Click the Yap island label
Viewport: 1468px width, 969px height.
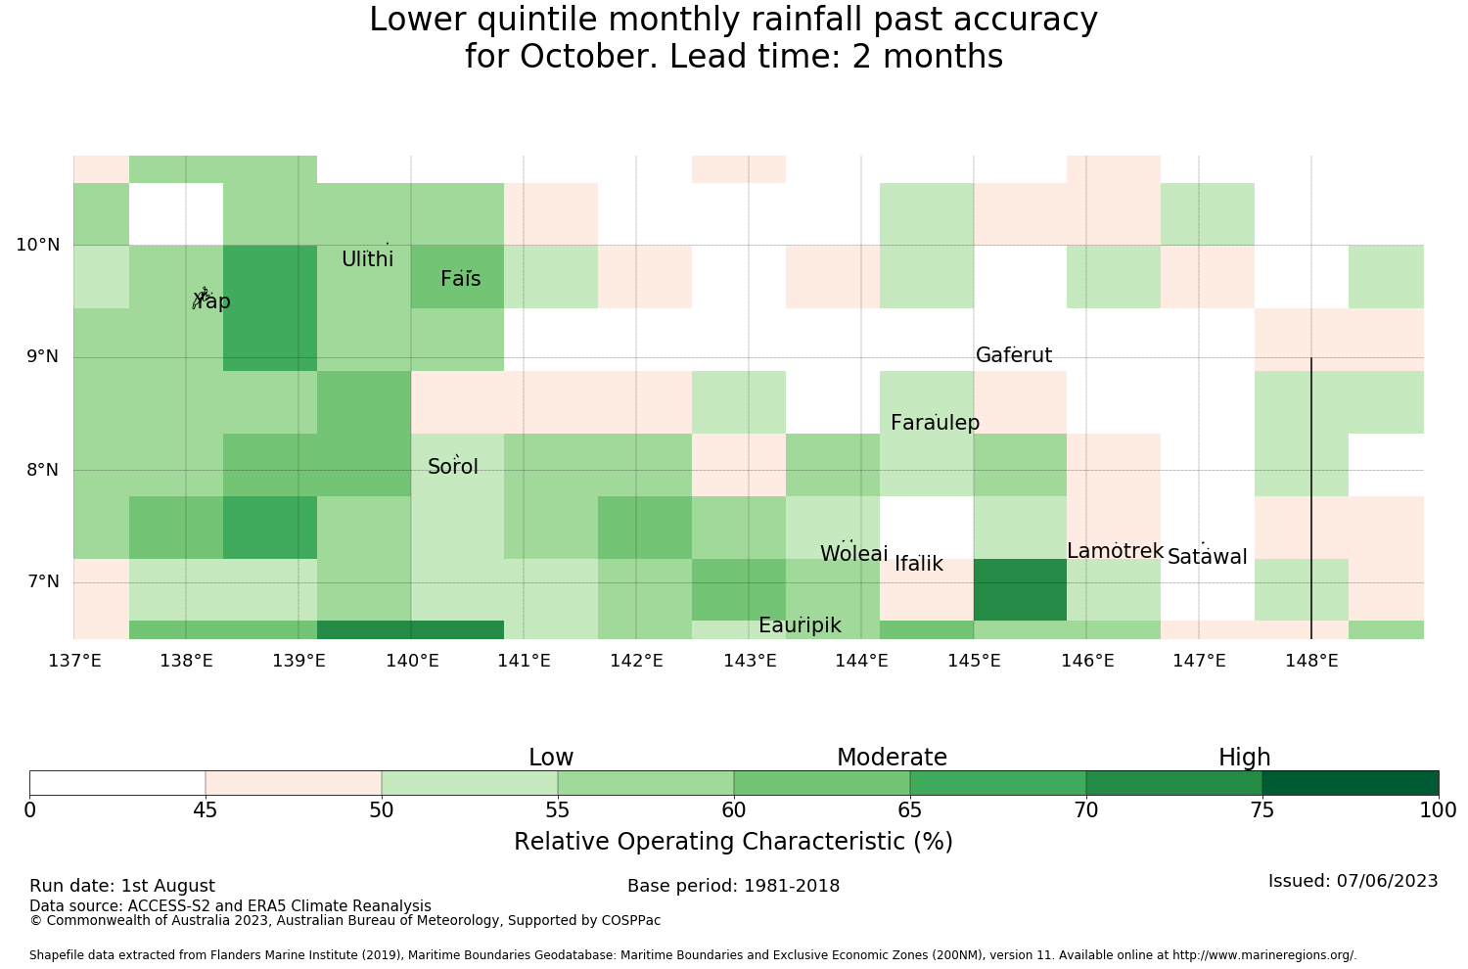[x=211, y=301]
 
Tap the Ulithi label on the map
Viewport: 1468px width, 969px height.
[x=368, y=259]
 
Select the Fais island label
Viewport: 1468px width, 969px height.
[x=461, y=279]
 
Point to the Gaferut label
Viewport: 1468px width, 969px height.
[x=1014, y=355]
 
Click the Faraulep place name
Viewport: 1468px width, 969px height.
[x=936, y=423]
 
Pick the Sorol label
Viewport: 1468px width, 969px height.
[x=453, y=467]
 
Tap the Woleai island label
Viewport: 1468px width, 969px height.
[x=854, y=554]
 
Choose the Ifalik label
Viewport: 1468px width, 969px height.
[x=919, y=564]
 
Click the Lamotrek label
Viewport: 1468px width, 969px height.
[x=1116, y=551]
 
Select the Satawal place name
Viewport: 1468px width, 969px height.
[x=1207, y=557]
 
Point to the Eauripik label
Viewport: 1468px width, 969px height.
[x=800, y=625]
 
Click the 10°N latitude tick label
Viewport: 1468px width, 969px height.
[x=38, y=246]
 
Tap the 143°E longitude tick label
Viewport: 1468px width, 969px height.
[x=750, y=661]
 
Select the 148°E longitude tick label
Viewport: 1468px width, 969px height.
[x=1312, y=661]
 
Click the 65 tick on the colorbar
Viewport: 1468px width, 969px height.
[x=909, y=811]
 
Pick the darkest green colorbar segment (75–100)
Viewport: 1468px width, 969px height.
[x=1351, y=783]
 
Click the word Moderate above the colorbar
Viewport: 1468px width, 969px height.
[x=892, y=758]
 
